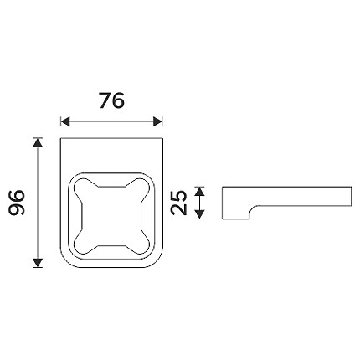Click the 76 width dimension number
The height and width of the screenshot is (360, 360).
point(111,100)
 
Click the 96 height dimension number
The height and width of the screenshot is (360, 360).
point(17,203)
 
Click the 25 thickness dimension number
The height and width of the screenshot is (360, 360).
point(179,203)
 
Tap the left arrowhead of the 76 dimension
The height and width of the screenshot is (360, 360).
point(65,121)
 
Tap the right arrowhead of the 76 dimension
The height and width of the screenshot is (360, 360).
point(158,121)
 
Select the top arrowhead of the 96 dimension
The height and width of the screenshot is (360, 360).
point(38,143)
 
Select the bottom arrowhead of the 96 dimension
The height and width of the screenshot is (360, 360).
point(38,263)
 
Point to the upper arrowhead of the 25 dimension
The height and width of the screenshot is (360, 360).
point(199,192)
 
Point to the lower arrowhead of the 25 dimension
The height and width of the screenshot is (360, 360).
point(199,214)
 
